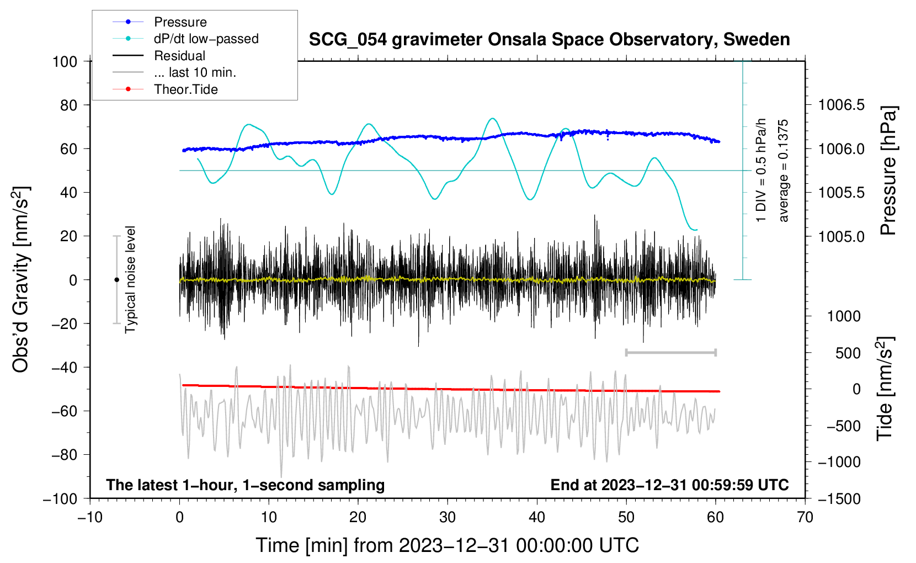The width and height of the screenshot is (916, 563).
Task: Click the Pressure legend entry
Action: pos(180,22)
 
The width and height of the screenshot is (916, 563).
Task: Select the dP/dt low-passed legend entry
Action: pos(206,39)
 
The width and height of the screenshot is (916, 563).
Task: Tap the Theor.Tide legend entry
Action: pos(185,89)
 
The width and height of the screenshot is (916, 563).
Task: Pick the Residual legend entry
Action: pos(179,56)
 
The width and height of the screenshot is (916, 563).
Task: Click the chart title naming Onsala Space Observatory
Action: pos(549,40)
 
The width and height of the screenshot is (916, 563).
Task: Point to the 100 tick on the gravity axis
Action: pos(65,61)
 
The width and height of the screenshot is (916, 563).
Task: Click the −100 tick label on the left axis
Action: pos(60,498)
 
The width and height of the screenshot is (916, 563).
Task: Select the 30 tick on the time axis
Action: pos(448,517)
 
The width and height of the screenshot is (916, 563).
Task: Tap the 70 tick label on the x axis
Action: pos(805,517)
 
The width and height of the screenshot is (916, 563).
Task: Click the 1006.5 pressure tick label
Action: pos(841,105)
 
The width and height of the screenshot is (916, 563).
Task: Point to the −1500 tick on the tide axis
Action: pos(839,498)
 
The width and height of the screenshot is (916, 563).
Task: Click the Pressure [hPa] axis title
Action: pos(888,171)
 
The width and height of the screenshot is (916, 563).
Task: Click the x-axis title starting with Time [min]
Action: pos(448,545)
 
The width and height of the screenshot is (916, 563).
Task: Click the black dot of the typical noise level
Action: pos(116,280)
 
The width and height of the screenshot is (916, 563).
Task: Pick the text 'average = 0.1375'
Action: pos(784,171)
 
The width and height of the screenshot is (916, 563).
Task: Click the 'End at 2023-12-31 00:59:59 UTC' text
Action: pos(669,485)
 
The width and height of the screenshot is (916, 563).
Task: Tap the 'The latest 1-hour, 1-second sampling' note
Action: pos(246,485)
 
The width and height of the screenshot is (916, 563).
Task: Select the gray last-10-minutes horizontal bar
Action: pos(670,352)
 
